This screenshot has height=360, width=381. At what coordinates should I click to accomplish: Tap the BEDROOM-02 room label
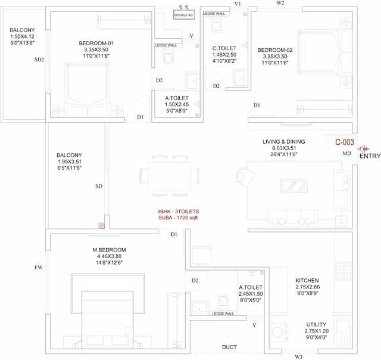274,51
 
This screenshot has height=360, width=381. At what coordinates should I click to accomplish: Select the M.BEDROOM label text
109,250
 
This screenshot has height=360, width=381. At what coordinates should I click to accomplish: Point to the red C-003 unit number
345,142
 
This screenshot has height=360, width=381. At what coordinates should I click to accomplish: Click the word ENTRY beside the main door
369,156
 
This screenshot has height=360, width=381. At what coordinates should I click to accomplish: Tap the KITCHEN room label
307,280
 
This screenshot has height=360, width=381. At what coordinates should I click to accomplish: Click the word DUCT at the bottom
229,347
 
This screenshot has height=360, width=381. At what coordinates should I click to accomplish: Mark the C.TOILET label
224,48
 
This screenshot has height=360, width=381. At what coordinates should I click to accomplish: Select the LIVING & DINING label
283,141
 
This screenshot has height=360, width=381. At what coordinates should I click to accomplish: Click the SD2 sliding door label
40,60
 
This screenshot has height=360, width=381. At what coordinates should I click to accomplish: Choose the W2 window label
280,3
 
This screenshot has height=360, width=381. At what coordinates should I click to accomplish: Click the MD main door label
346,154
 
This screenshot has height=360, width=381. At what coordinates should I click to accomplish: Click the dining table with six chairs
170,176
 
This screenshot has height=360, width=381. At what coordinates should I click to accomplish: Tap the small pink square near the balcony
101,225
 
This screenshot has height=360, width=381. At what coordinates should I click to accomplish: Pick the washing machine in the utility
278,331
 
